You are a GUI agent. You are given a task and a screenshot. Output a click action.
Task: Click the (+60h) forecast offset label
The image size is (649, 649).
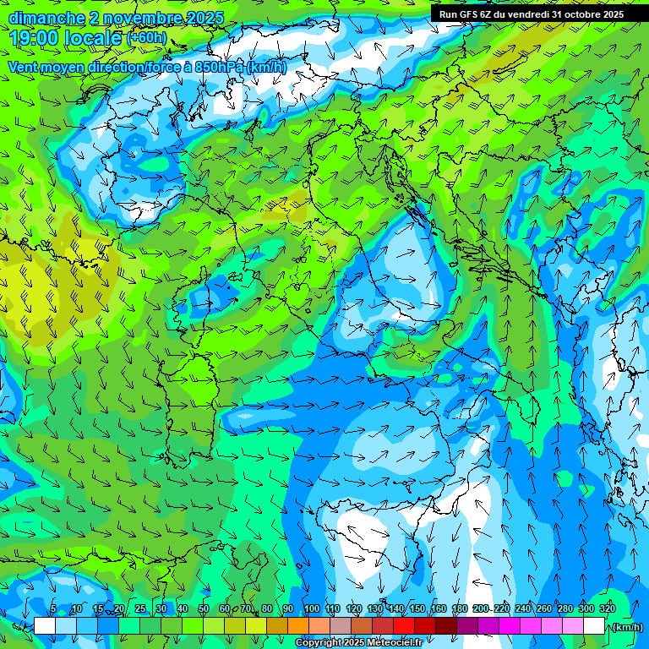pos(146,38)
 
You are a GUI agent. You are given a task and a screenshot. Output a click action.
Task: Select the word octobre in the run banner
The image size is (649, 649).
pos(578,14)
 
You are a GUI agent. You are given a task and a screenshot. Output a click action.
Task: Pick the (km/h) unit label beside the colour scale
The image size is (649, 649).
pos(626,627)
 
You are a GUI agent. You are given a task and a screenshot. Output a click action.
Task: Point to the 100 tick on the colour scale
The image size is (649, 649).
pos(311,608)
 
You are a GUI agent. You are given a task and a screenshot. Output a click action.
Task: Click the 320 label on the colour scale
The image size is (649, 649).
pos(607,608)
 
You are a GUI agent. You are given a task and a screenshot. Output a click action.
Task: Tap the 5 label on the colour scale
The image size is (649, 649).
pos(53,608)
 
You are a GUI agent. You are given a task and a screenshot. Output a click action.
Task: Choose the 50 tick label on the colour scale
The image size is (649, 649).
pos(204,608)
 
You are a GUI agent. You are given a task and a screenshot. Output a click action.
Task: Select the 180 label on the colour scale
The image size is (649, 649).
pos(459,608)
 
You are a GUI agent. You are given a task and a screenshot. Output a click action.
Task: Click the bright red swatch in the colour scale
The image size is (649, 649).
pos(403,626)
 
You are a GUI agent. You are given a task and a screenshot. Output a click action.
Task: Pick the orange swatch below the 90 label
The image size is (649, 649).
pos(297,626)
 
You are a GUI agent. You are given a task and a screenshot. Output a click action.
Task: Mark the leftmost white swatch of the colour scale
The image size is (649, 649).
pos(44,626)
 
